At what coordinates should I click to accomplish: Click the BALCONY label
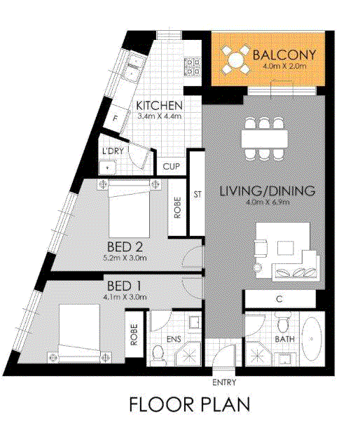(284, 55)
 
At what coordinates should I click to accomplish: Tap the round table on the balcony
(235, 60)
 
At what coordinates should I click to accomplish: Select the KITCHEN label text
(159, 106)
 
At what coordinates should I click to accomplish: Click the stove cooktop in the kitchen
(193, 67)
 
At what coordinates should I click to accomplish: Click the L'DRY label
(113, 151)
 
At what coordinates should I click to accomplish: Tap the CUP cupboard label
(171, 166)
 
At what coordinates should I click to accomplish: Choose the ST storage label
(198, 194)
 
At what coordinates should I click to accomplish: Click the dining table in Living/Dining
(265, 139)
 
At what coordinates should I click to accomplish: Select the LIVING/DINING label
(268, 190)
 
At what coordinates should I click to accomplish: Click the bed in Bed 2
(129, 209)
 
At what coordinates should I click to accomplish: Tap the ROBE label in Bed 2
(177, 207)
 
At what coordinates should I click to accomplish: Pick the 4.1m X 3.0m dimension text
(125, 297)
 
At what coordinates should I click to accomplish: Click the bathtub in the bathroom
(312, 339)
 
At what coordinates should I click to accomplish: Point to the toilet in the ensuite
(158, 353)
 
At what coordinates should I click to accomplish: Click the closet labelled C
(279, 299)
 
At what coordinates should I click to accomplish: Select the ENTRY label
(224, 382)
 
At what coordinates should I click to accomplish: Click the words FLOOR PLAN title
(190, 404)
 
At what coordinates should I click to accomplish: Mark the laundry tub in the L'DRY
(107, 168)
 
